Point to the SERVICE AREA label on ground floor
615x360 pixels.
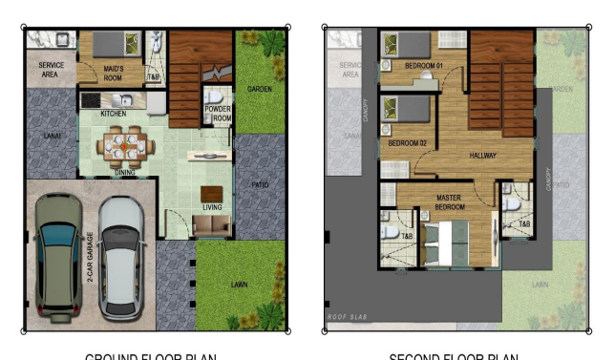(51, 70)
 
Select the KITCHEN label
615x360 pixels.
(114, 115)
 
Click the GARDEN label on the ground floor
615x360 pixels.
(261, 89)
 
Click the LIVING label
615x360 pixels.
(211, 207)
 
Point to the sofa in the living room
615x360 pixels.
(211, 225)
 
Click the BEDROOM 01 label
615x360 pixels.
(424, 66)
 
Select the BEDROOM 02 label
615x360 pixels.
(407, 143)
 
